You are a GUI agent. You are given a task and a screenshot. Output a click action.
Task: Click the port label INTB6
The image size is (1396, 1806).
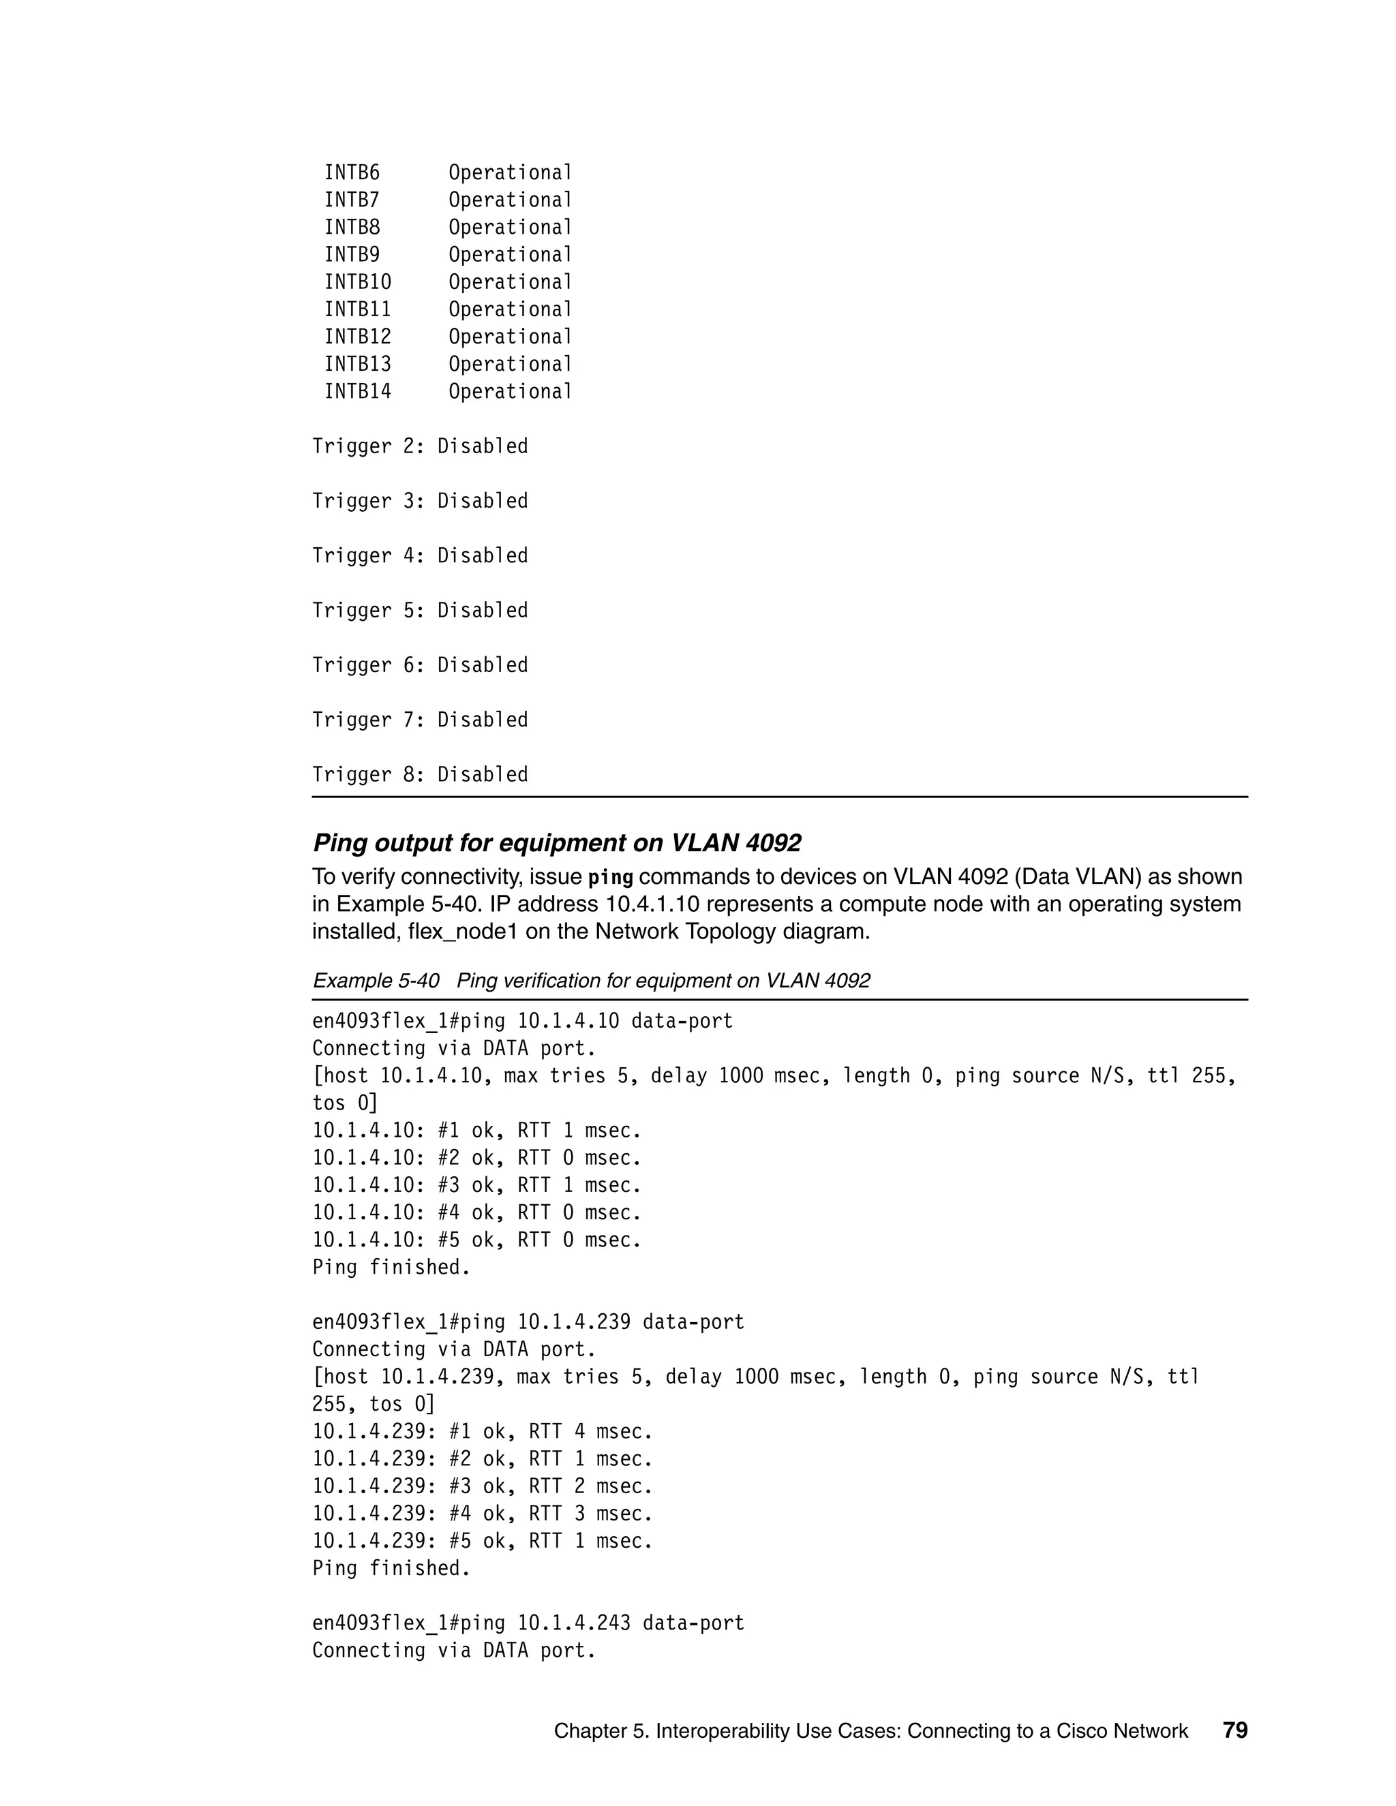pyautogui.click(x=352, y=173)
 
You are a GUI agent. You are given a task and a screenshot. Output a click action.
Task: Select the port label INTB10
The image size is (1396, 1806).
pyautogui.click(x=357, y=282)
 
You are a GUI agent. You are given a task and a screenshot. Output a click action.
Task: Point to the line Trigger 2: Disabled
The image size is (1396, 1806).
pyautogui.click(x=419, y=446)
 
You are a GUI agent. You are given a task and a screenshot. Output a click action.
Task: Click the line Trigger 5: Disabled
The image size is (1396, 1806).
pyautogui.click(x=419, y=610)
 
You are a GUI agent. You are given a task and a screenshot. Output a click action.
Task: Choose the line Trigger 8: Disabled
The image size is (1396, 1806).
pyautogui.click(x=419, y=775)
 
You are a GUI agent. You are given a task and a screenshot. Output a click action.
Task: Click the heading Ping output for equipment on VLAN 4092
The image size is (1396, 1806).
pyautogui.click(x=557, y=842)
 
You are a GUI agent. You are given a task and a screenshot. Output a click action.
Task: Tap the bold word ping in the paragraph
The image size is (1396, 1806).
pyautogui.click(x=610, y=877)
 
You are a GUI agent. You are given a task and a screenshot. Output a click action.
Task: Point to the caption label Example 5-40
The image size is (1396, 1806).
pyautogui.click(x=376, y=981)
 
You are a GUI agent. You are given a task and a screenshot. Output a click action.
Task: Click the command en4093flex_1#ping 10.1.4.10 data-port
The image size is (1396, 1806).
pyautogui.click(x=522, y=1022)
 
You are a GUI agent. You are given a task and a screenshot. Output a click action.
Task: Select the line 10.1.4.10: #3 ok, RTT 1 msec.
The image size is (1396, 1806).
pyautogui.click(x=476, y=1185)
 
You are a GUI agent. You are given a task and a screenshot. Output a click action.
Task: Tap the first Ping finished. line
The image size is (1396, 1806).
pyautogui.click(x=391, y=1267)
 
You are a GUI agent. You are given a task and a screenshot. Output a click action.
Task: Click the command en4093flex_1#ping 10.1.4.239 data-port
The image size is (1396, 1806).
pyautogui.click(x=528, y=1322)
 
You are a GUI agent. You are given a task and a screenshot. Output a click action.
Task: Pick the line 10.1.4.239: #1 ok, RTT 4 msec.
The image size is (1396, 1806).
pyautogui.click(x=482, y=1431)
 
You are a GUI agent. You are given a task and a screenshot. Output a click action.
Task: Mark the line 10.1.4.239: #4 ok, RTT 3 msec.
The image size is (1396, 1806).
pyautogui.click(x=482, y=1513)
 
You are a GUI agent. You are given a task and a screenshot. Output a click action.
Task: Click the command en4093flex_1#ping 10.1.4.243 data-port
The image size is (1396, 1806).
pyautogui.click(x=528, y=1623)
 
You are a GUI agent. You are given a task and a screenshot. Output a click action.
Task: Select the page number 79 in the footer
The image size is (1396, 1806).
pyautogui.click(x=1234, y=1730)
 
